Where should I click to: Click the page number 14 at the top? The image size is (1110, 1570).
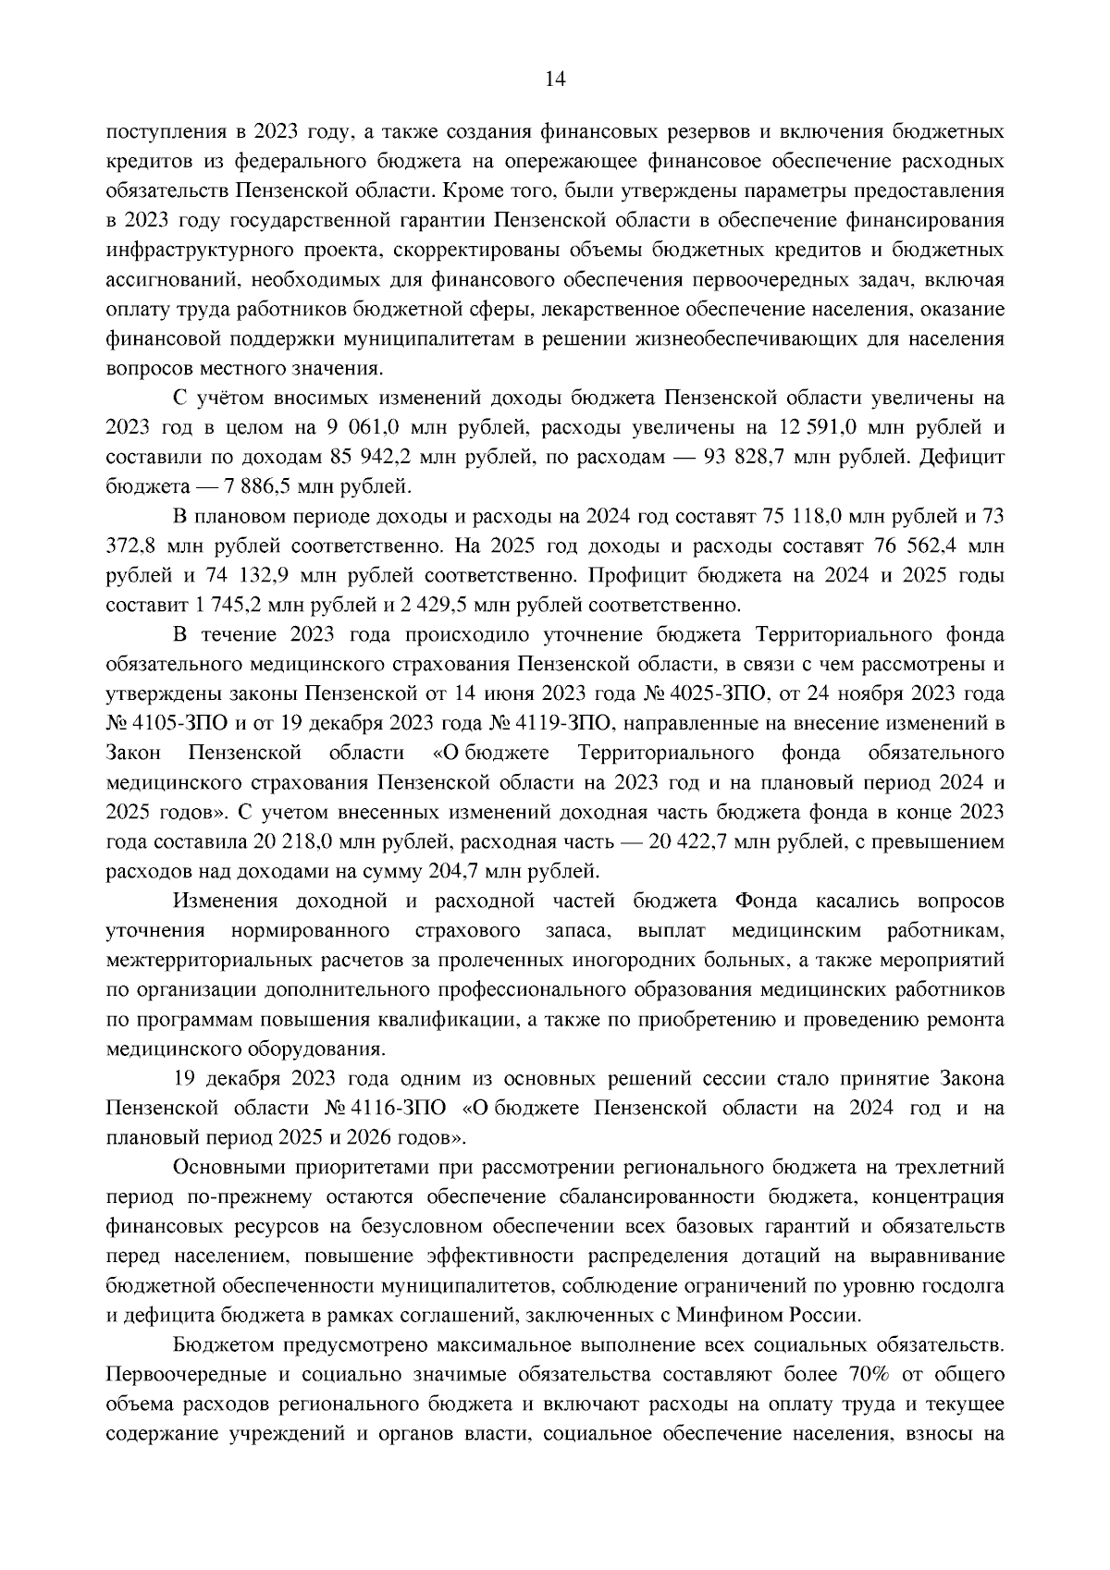point(555,80)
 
